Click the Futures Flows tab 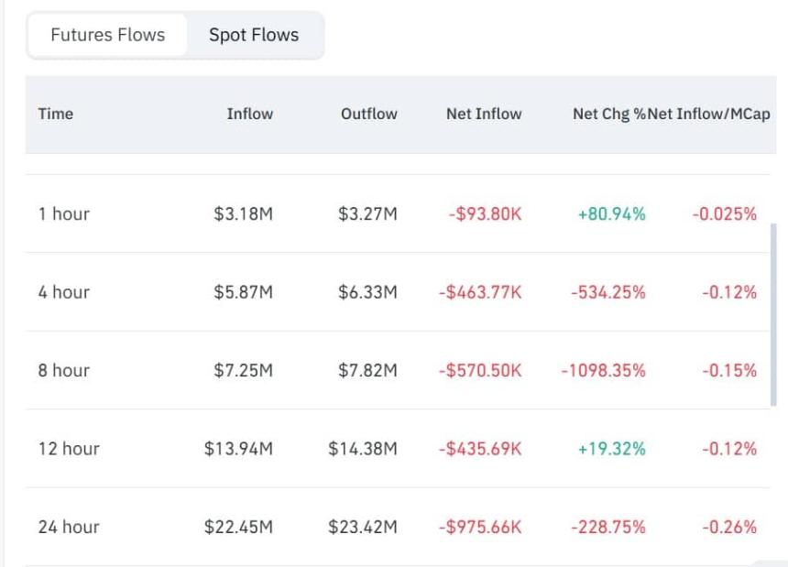(x=107, y=35)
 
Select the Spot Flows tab (x=254, y=35)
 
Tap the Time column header (x=56, y=114)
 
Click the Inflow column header (x=250, y=114)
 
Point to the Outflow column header (x=369, y=114)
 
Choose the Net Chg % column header (x=609, y=114)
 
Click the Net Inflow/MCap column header (x=708, y=114)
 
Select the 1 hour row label (x=64, y=214)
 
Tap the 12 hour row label (x=69, y=449)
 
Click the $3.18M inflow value (x=243, y=214)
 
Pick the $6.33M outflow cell (x=367, y=292)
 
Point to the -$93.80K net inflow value (x=485, y=214)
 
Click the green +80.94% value (x=611, y=214)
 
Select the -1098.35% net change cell (x=603, y=371)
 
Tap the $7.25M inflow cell (x=243, y=371)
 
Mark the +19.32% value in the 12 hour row (x=611, y=449)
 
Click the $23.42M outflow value (x=362, y=527)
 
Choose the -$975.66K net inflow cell (x=480, y=527)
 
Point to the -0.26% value (x=729, y=527)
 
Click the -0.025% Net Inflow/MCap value (x=724, y=214)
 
